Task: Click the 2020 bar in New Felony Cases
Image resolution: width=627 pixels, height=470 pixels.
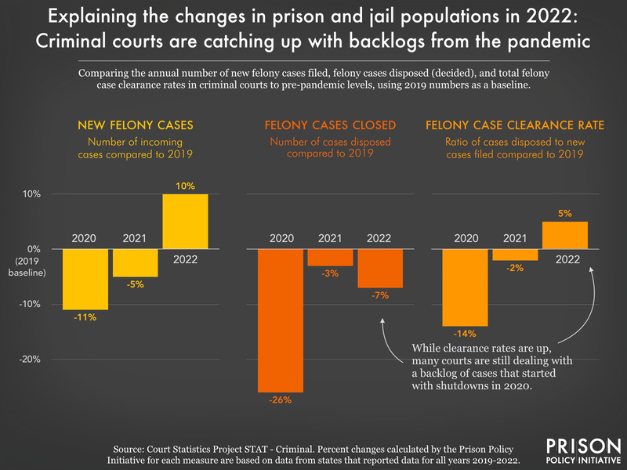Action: coord(85,279)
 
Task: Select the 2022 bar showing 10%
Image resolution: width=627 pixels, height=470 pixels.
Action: coord(186,221)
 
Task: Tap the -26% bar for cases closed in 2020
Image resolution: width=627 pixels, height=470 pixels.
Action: coord(281,320)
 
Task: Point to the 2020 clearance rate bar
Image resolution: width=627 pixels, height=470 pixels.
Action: coord(466,287)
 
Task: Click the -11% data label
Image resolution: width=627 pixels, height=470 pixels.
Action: coord(85,317)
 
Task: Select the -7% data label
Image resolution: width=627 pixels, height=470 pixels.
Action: coord(380,296)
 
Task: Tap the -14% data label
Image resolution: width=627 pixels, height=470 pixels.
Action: coord(466,334)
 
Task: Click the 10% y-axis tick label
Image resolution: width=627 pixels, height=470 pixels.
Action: coord(31,194)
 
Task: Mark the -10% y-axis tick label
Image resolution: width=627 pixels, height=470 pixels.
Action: coord(30,305)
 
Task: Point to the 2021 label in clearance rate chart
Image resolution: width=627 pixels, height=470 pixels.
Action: coord(515,237)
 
